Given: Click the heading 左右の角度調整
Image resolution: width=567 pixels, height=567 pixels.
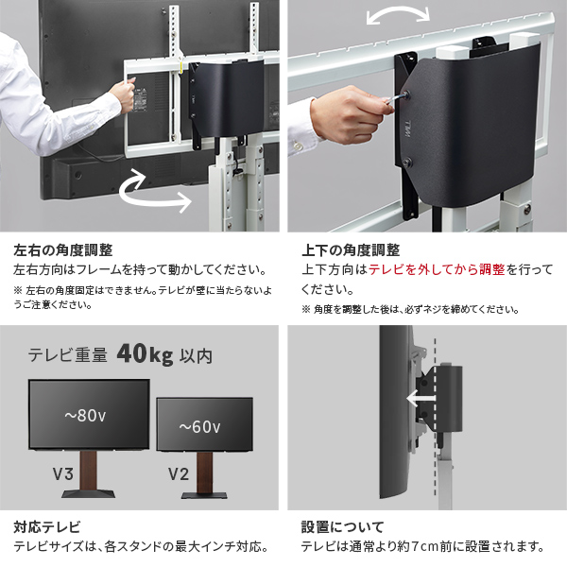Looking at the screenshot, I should click(63, 251).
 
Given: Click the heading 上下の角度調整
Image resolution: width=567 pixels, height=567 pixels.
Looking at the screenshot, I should click(351, 251).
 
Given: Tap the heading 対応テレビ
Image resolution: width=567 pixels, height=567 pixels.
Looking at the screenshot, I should click(47, 526).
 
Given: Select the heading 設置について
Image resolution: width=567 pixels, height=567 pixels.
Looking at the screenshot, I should click(343, 526).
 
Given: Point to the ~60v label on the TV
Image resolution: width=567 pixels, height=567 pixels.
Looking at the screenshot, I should click(204, 427).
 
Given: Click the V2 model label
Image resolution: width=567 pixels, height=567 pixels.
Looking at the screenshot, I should click(179, 473).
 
